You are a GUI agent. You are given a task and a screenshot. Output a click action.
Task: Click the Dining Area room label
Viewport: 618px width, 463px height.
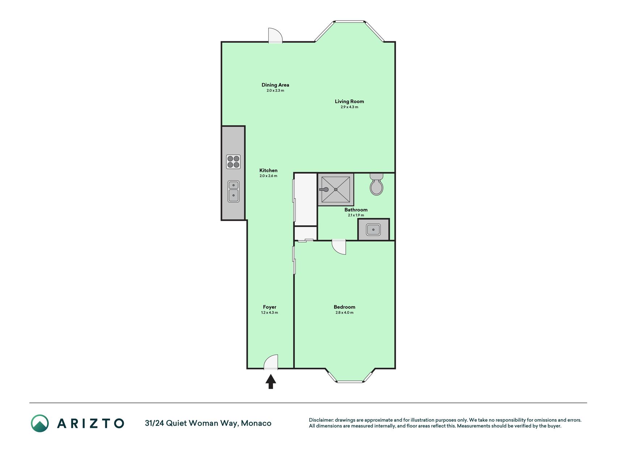(x=275, y=85)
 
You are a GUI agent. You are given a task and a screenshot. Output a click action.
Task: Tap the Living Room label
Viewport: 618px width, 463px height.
(x=349, y=101)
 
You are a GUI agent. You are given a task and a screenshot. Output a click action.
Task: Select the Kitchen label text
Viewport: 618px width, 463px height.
(x=268, y=170)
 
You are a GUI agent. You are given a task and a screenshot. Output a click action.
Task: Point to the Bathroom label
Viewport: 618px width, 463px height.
(x=356, y=210)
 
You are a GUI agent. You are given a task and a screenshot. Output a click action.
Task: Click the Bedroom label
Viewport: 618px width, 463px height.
(x=344, y=307)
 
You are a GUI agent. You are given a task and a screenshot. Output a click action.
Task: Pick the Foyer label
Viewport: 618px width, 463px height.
(x=270, y=307)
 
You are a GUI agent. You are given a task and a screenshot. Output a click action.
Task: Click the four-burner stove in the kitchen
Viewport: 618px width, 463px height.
(x=233, y=162)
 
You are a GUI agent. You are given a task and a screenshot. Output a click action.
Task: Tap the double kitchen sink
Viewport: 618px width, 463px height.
(x=234, y=191)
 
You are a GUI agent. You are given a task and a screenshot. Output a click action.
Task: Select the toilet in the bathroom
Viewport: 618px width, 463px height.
(x=377, y=184)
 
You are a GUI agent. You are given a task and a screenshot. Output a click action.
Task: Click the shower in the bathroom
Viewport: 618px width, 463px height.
(x=336, y=190)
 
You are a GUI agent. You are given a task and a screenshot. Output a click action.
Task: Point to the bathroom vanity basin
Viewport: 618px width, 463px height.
(x=373, y=229)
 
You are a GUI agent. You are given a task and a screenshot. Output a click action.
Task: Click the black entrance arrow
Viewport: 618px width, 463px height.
(x=271, y=382)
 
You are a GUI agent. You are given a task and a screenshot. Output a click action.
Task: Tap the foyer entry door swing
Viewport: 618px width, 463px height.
(x=271, y=362)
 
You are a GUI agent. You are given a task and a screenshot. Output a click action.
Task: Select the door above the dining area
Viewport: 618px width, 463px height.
(x=275, y=35)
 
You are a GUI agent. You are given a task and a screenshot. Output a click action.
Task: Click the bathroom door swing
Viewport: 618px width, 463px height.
(x=339, y=247)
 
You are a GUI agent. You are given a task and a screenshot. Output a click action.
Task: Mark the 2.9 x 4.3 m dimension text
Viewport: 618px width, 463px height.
(x=349, y=107)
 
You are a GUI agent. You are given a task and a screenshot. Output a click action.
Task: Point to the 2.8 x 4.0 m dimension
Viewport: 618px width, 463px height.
(x=344, y=313)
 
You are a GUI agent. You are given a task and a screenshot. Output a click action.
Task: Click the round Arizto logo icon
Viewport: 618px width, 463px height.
(x=40, y=423)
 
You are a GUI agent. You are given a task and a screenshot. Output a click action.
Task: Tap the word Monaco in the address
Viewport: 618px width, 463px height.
(x=256, y=423)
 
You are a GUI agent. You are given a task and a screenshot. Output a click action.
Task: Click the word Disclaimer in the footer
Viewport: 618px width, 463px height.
(x=321, y=420)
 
